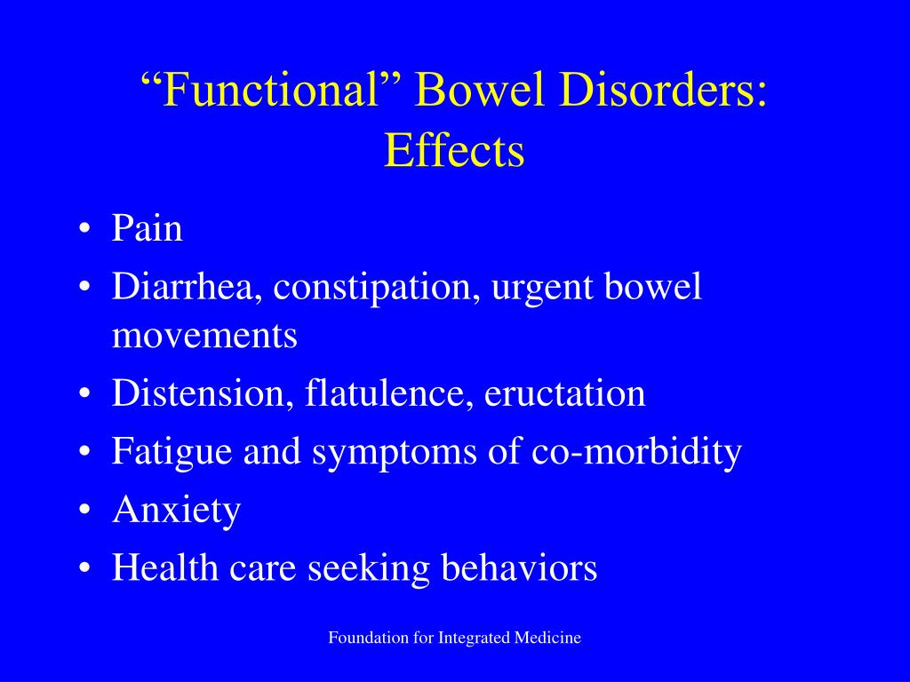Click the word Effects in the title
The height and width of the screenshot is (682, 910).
(454, 150)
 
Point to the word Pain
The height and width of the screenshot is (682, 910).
(147, 229)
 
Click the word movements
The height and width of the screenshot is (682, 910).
(204, 337)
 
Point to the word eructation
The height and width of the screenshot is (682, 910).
(564, 393)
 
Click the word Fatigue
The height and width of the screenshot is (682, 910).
(166, 452)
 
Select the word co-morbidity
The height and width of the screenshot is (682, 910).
(636, 452)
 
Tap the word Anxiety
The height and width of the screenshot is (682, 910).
(176, 511)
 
